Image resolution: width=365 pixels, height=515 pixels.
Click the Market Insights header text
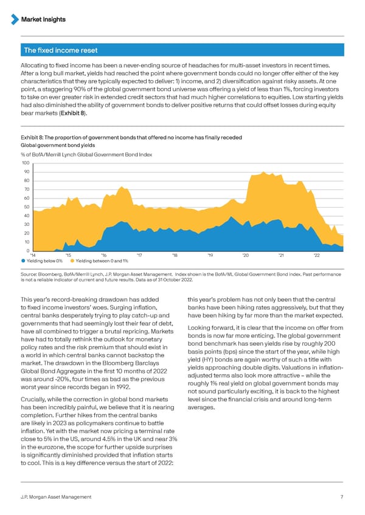(43, 19)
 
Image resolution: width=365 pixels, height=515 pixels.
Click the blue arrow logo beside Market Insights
(15, 19)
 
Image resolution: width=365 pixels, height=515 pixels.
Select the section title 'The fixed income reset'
(60, 50)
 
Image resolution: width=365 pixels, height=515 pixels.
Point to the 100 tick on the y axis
(26, 163)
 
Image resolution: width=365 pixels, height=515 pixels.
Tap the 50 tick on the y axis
(27, 207)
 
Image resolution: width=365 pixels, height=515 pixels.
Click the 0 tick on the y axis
(28, 251)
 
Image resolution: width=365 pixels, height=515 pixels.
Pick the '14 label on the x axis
(33, 255)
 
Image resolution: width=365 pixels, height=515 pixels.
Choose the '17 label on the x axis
(139, 255)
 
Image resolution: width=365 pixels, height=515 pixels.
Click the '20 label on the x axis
(245, 255)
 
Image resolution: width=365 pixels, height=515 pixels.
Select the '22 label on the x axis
(316, 255)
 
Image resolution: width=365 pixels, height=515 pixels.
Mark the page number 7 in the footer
(342, 497)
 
